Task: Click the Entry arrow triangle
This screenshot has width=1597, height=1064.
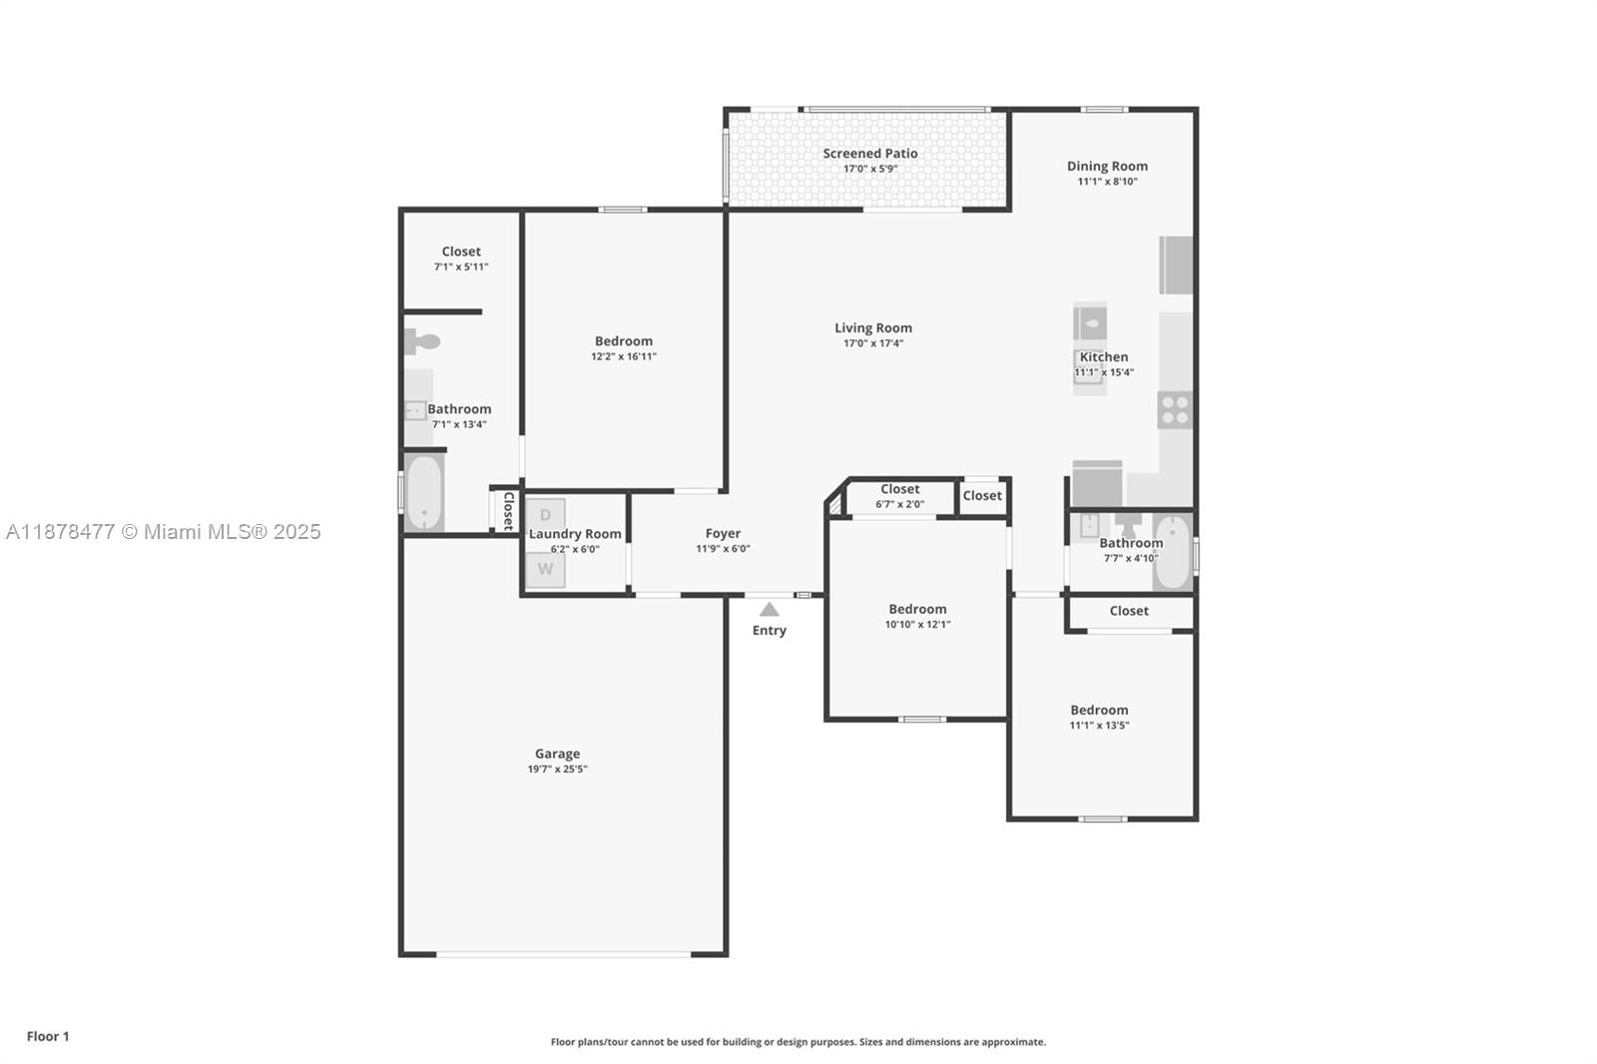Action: tap(769, 609)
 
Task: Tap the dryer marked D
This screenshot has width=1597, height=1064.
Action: tap(545, 515)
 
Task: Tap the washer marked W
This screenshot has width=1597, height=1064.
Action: tap(545, 570)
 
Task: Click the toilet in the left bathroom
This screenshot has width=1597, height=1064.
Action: tap(421, 342)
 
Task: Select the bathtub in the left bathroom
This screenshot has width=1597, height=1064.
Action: tap(424, 493)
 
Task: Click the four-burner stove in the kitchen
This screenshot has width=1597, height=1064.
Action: tap(1175, 409)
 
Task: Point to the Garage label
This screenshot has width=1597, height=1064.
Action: tap(557, 754)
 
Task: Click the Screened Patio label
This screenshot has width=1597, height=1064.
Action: tap(869, 153)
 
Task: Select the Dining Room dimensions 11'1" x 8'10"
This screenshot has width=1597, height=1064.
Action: tap(1107, 182)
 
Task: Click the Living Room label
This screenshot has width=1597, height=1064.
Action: tap(873, 327)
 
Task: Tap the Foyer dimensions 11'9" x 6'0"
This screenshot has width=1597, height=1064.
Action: tap(723, 549)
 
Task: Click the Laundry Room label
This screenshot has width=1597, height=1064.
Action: tap(575, 534)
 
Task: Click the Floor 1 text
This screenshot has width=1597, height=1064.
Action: tap(48, 1036)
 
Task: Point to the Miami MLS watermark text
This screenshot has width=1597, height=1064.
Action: tap(164, 532)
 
